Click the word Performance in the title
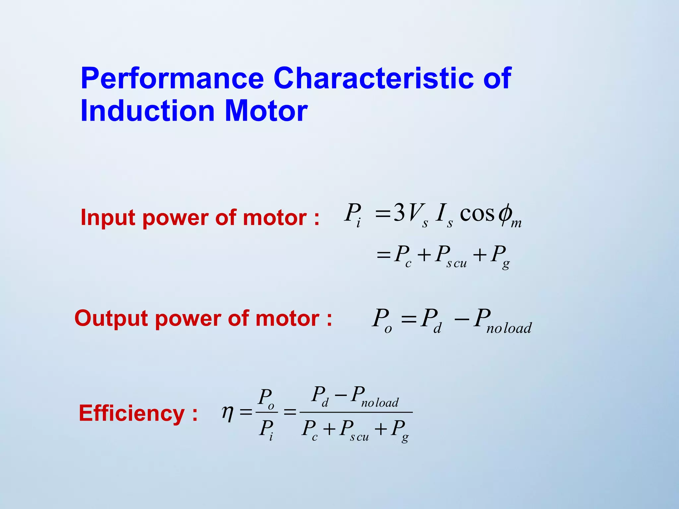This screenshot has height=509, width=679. tap(172, 78)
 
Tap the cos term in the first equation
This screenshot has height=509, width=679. tap(477, 214)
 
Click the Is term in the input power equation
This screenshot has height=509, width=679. tap(444, 215)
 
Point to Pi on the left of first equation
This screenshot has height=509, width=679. tap(353, 215)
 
